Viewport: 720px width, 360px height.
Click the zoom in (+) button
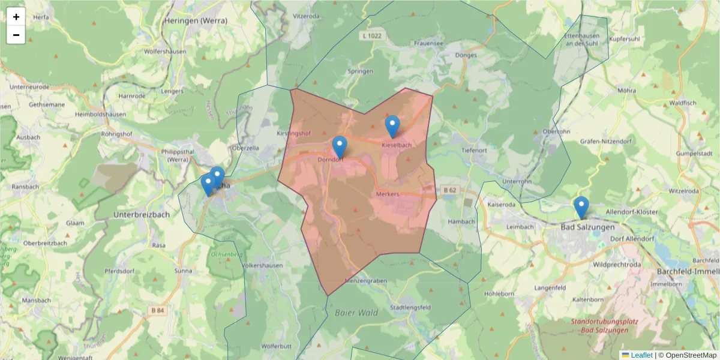(x=16, y=17)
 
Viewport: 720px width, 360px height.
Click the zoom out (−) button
(x=16, y=35)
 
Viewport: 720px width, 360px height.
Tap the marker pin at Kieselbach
(x=392, y=126)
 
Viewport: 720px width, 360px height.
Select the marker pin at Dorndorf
(x=340, y=147)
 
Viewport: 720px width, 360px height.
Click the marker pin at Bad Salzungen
(x=581, y=207)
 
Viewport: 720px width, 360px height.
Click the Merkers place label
(x=388, y=194)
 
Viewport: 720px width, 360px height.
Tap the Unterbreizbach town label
(x=142, y=214)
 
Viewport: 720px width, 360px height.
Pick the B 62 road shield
(x=450, y=190)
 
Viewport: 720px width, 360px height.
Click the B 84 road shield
(x=157, y=310)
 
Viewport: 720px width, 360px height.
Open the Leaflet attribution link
(x=641, y=355)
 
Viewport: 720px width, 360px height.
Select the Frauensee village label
(x=428, y=44)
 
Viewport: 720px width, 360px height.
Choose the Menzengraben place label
(x=366, y=281)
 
